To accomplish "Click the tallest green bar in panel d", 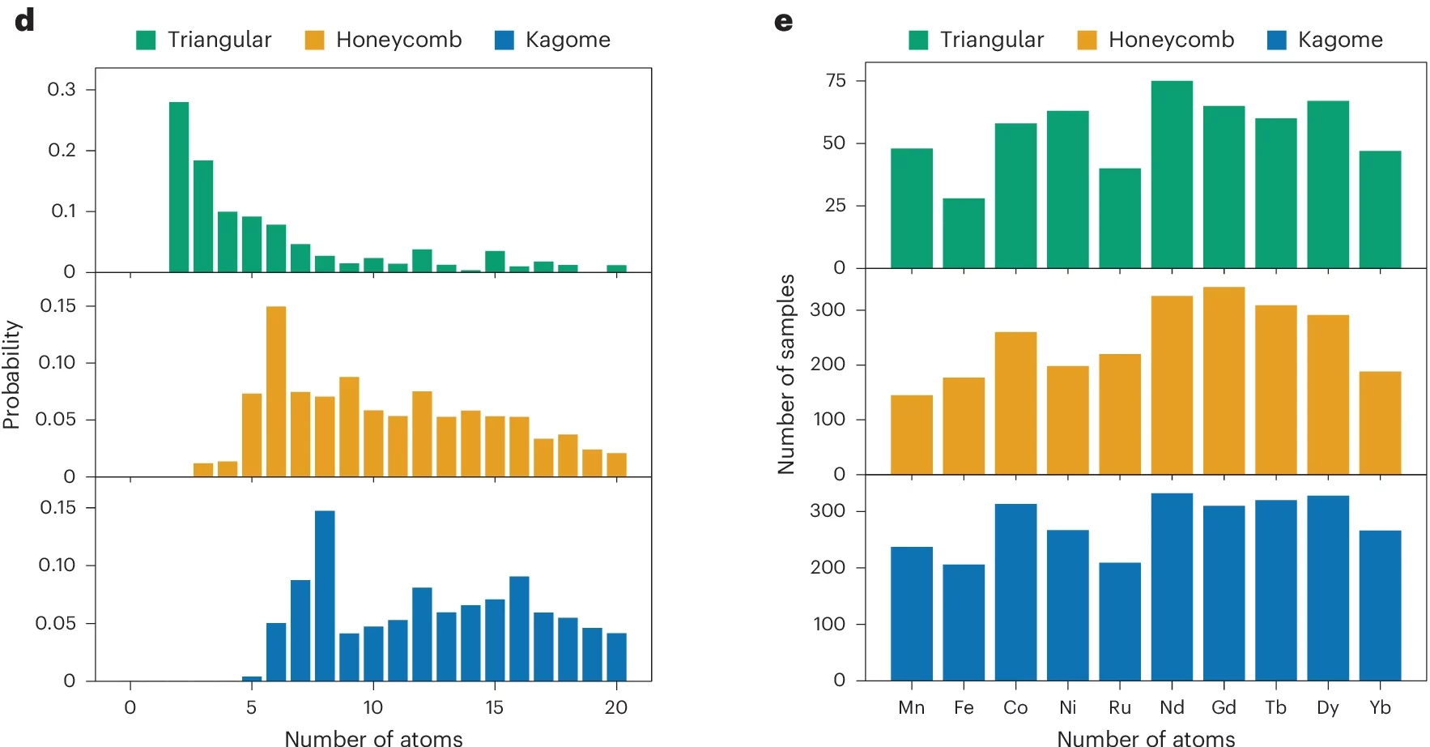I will pos(179,186).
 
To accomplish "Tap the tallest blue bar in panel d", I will pos(325,595).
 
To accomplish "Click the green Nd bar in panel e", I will pos(1172,174).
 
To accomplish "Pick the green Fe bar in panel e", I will pos(964,233).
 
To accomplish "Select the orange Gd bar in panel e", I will pos(1224,380).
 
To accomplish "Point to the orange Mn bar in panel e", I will pos(912,434).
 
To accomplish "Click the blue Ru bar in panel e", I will pos(1120,621).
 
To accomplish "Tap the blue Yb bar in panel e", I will pos(1380,604).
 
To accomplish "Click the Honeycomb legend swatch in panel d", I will pos(314,40).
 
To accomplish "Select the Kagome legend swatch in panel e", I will pos(1277,40).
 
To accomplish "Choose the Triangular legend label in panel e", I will pos(992,40).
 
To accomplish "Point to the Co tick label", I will pos(1015,707).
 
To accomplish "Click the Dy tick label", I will pos(1328,707).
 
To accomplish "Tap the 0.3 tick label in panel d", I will pos(62,89).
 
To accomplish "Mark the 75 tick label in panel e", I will pos(836,80).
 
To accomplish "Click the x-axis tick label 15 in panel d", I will pos(494,707).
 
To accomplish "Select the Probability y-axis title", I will pos(11,374).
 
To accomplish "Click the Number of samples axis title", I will pos(785,374).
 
